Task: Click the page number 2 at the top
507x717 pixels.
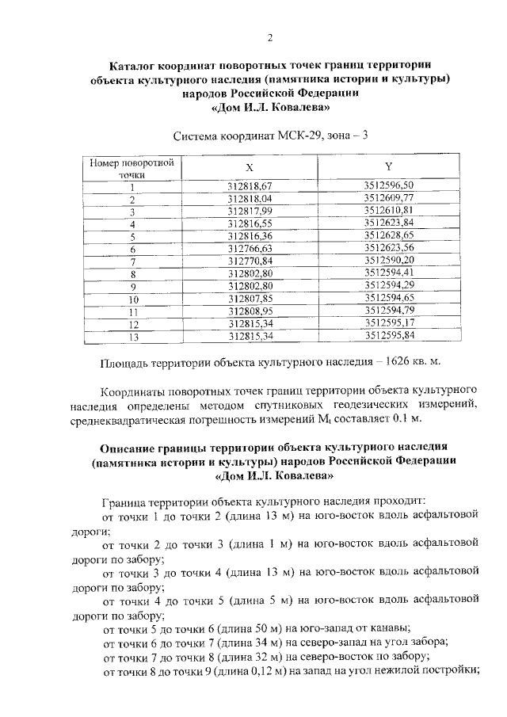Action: pos(270,38)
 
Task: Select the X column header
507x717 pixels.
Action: pos(249,167)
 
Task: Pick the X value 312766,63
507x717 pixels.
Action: pos(249,249)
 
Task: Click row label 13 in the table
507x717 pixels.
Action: pos(133,337)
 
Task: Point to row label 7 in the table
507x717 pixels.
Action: pos(133,261)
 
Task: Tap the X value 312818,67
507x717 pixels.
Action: pos(249,186)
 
